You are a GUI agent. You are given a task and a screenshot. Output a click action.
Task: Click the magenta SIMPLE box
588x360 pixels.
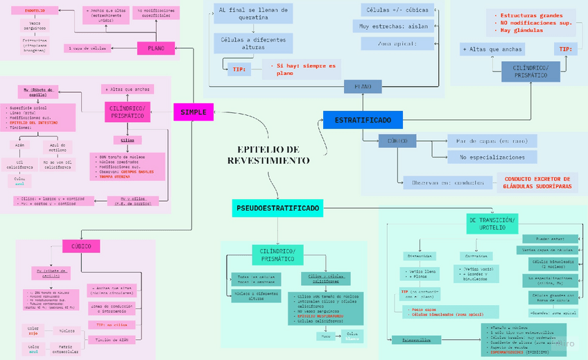click(193, 112)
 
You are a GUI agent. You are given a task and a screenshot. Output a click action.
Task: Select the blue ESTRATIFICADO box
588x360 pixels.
click(363, 120)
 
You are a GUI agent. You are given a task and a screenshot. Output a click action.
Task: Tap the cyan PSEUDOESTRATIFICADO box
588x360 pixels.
click(277, 207)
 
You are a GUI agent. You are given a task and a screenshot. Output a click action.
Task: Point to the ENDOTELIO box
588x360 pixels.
click(35, 12)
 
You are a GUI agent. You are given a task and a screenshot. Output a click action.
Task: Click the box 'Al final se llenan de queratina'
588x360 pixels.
click(252, 14)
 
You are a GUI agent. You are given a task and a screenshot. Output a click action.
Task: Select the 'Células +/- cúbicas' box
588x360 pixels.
click(398, 10)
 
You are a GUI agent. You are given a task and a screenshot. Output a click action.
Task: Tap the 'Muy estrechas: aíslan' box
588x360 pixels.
click(398, 27)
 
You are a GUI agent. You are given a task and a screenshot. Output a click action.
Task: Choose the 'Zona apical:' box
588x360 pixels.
click(398, 44)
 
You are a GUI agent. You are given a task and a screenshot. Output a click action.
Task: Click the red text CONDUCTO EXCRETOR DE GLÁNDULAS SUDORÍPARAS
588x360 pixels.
click(537, 182)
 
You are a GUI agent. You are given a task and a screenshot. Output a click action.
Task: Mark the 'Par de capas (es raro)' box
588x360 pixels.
click(492, 141)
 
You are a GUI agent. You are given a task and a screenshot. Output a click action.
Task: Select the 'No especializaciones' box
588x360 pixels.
click(492, 157)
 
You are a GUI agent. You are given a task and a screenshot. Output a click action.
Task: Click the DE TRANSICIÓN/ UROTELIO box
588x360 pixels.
click(492, 223)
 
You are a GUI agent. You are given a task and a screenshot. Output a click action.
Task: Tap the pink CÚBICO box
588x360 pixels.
click(81, 246)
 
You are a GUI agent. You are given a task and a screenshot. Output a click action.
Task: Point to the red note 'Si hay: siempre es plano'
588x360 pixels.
click(303, 69)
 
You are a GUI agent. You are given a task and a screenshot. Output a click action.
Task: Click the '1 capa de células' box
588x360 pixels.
click(89, 49)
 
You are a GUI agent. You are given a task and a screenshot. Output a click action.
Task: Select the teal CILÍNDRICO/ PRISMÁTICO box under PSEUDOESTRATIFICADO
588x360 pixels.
click(277, 255)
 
